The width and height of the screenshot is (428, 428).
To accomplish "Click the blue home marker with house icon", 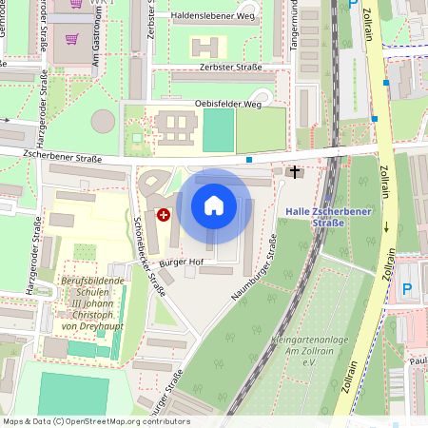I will click(214, 205).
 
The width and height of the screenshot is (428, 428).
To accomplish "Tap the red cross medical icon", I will click(164, 216).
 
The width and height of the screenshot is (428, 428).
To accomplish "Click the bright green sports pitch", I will click(218, 130).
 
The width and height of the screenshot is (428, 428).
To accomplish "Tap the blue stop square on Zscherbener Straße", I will click(249, 160).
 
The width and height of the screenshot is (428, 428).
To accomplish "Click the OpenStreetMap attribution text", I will click(96, 421).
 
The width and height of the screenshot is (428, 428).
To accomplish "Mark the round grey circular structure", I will click(103, 121).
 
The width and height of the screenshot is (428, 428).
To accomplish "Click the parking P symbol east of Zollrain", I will click(408, 288).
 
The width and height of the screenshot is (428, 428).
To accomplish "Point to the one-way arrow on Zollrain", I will click(388, 226).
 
